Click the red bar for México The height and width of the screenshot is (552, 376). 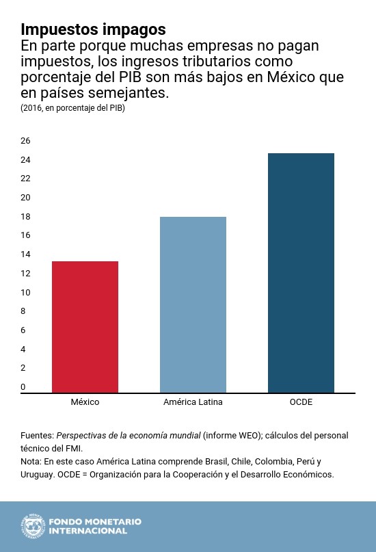85,327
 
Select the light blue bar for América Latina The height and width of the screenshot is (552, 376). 193,304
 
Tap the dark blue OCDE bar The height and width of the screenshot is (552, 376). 301,273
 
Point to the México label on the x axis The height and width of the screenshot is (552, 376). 85,402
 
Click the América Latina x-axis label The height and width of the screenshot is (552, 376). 193,402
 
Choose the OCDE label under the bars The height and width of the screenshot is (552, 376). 301,402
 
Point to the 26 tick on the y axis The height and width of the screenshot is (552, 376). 25,141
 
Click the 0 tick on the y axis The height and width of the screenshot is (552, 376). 23,387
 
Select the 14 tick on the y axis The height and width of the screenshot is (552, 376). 25,254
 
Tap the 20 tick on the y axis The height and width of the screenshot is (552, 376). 25,198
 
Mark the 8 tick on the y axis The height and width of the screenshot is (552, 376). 23,311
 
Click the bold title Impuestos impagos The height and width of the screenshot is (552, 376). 93,29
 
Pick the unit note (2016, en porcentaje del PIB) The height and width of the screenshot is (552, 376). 72,108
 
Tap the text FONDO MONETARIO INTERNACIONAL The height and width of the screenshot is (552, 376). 94,526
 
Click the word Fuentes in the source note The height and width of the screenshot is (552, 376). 36,436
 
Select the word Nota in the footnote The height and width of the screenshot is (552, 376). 31,462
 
